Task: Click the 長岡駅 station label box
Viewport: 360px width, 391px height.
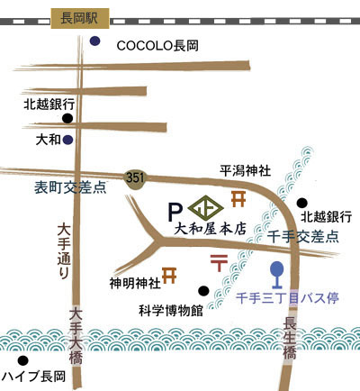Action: [x=80, y=18]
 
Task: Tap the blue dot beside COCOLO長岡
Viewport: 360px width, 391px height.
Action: [x=95, y=41]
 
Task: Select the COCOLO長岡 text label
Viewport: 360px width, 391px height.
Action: [x=157, y=46]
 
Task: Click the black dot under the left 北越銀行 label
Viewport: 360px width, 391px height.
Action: [x=67, y=118]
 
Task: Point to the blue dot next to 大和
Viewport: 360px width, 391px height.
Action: [x=68, y=140]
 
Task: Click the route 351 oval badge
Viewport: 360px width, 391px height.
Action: [x=135, y=179]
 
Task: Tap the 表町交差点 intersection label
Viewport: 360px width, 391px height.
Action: [x=71, y=187]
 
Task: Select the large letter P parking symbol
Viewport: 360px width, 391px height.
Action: [x=175, y=212]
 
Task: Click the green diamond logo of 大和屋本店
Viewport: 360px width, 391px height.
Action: [x=206, y=208]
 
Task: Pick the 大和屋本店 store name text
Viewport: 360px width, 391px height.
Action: [x=211, y=229]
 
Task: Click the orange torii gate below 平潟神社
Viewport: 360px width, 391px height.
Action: [x=238, y=199]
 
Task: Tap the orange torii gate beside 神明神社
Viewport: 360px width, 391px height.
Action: [x=169, y=276]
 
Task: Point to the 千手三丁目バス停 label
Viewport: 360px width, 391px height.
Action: [x=287, y=299]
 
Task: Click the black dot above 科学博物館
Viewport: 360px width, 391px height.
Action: [x=203, y=290]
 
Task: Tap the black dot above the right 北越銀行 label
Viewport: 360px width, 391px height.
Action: [x=302, y=204]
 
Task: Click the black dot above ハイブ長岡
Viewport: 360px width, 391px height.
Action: [x=22, y=360]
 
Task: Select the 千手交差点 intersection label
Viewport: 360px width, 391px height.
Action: [x=302, y=237]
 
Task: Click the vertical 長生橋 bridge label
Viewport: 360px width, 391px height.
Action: [x=290, y=338]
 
